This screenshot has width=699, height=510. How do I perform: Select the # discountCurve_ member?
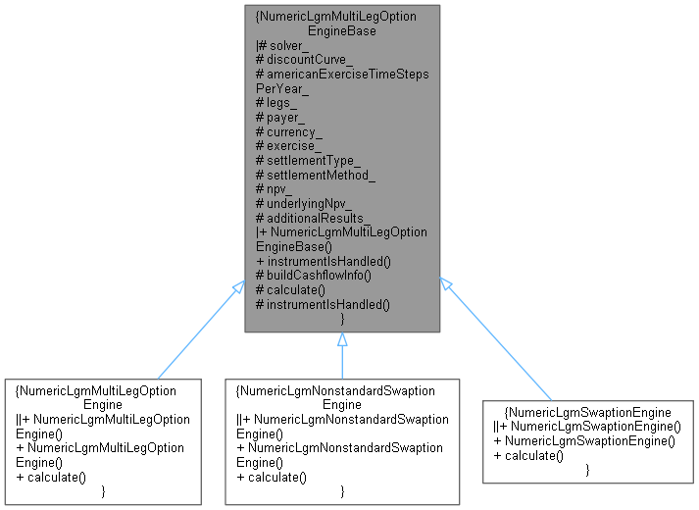click(x=302, y=60)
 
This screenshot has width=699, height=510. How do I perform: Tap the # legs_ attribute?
click(x=279, y=102)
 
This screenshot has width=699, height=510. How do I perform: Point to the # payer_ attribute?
click(x=282, y=117)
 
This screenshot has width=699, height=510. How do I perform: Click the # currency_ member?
click(x=289, y=130)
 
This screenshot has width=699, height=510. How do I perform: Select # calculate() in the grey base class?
click(x=291, y=289)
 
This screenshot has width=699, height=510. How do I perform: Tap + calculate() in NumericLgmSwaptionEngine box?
click(x=530, y=455)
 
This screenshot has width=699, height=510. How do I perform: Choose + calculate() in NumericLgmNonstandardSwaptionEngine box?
click(x=272, y=477)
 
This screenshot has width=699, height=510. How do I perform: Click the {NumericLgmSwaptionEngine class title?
click(x=586, y=411)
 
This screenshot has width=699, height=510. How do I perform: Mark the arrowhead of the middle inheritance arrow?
click(x=341, y=340)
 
